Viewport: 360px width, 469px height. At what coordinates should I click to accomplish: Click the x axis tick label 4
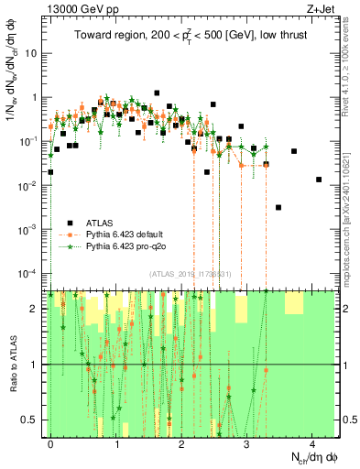[311, 443]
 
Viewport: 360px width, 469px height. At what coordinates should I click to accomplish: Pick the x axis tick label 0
[50, 443]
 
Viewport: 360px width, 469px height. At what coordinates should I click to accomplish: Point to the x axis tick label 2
[181, 443]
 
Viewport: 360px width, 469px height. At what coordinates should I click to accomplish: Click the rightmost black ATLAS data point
[319, 180]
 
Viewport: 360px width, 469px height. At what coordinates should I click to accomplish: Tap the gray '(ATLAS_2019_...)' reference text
[192, 275]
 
